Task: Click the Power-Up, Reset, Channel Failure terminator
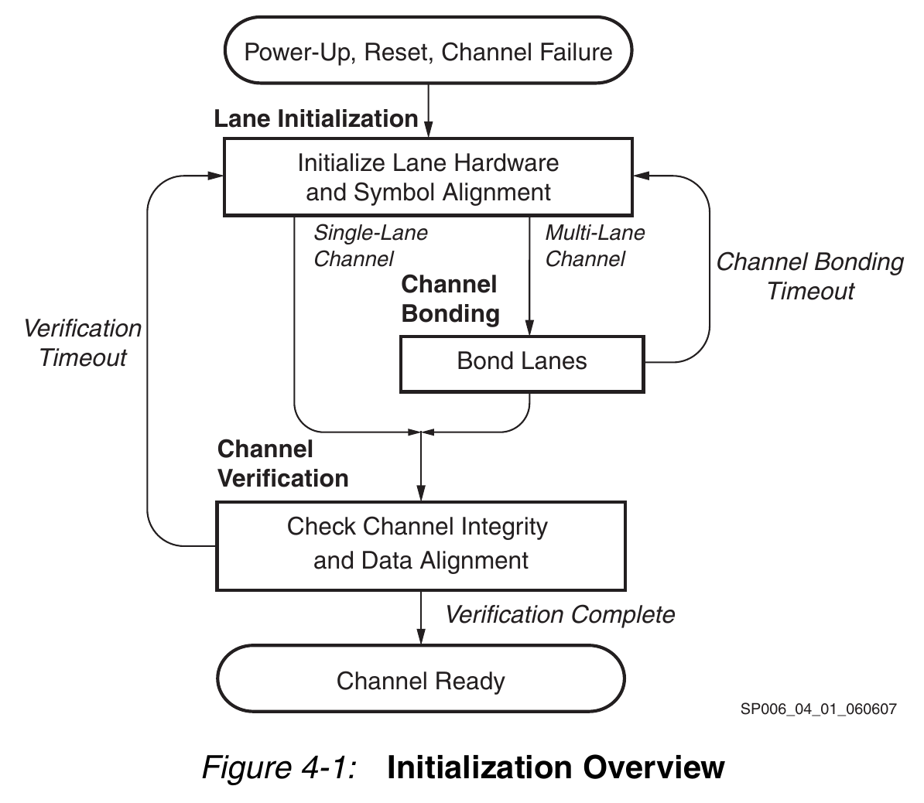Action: tap(429, 50)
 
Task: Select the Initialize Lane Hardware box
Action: tap(429, 176)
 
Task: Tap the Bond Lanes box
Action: tap(522, 364)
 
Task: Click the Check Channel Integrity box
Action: tap(421, 545)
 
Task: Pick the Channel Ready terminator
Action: tap(421, 678)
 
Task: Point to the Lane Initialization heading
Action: tap(316, 119)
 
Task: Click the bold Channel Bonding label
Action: tap(450, 299)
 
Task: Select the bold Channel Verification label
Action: tap(283, 463)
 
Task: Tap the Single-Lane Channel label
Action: tap(371, 246)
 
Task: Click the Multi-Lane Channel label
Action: tap(595, 246)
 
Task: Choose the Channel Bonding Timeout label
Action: tap(810, 276)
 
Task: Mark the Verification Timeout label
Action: tap(83, 343)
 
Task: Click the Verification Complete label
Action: tap(560, 614)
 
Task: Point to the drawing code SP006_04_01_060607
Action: tap(819, 709)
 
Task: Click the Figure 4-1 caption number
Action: tap(280, 767)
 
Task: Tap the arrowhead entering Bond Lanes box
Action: tap(530, 328)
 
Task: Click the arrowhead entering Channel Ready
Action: tap(421, 637)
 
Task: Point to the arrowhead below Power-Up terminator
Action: tap(429, 130)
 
